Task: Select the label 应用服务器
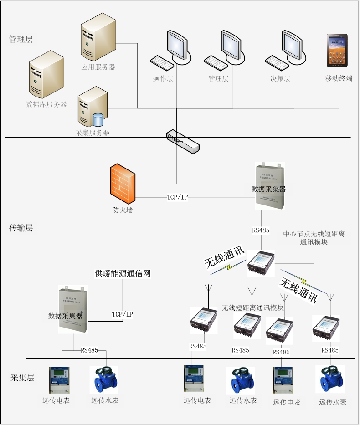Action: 98,67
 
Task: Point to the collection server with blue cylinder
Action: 93,108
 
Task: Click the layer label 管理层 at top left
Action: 21,40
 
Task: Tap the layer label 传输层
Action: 21,228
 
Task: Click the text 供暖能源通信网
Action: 123,274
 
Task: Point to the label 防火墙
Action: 123,210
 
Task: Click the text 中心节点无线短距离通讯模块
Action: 314,238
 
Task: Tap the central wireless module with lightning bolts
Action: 261,263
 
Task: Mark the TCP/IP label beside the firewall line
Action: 177,197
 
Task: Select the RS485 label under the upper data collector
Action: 261,230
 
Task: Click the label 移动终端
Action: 339,78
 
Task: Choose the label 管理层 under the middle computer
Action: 218,78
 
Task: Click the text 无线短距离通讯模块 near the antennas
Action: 253,308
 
